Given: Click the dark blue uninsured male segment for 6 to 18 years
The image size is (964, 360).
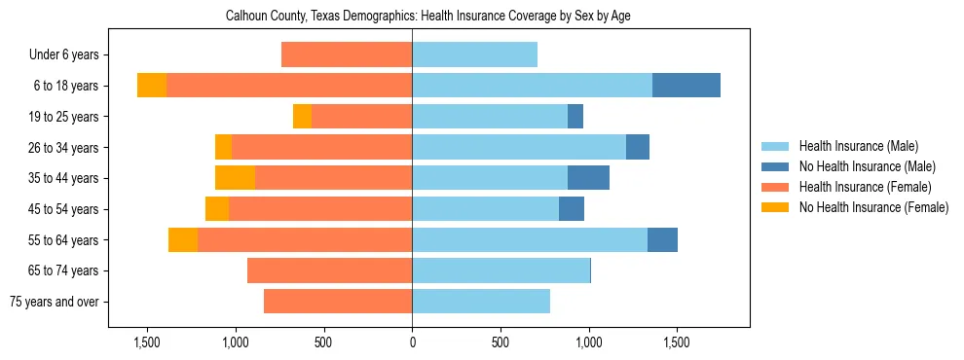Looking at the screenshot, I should click(686, 86).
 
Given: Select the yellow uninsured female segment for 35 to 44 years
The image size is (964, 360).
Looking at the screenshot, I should click(235, 178).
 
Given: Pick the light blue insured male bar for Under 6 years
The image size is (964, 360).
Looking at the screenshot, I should click(474, 54).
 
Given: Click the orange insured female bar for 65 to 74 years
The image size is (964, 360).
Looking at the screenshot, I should click(329, 270).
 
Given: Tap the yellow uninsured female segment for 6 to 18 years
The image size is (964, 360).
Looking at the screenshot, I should click(152, 86).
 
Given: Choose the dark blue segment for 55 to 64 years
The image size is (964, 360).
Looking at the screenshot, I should click(662, 239).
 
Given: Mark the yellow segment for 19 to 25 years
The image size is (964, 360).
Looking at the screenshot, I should click(302, 117).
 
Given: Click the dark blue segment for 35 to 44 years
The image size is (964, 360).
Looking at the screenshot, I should click(588, 178).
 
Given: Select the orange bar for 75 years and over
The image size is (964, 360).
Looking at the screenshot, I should click(338, 302).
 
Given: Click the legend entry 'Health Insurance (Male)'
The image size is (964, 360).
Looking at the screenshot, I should click(858, 146).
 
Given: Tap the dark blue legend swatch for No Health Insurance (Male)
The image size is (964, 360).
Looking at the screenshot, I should click(775, 166).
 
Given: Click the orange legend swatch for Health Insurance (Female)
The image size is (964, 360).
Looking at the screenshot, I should click(775, 187).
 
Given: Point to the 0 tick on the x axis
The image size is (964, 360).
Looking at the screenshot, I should click(412, 343).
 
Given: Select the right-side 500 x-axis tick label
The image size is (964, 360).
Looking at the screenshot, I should click(501, 343).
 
